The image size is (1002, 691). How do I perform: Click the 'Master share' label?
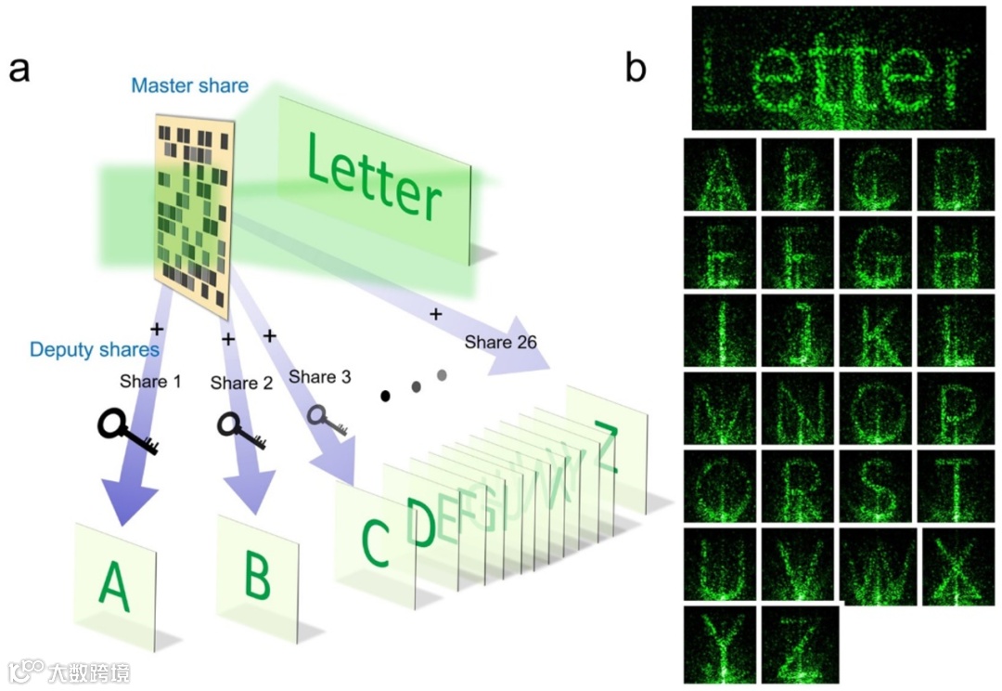coord(189,86)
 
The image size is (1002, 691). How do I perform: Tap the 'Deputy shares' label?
coord(95,350)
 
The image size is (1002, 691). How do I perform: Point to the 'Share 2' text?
coord(241,383)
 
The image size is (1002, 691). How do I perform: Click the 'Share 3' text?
coord(319,376)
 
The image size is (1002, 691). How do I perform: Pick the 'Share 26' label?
coord(501,342)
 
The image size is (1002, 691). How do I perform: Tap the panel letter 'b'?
coord(636,68)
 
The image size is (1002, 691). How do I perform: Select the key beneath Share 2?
coord(241,429)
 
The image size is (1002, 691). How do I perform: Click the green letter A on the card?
coord(113,585)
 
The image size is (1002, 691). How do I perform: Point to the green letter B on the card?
coord(257,577)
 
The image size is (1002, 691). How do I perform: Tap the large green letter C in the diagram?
coord(374,542)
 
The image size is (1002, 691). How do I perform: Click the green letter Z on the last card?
coord(607,446)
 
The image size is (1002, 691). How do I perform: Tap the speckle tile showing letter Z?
coord(799,643)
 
